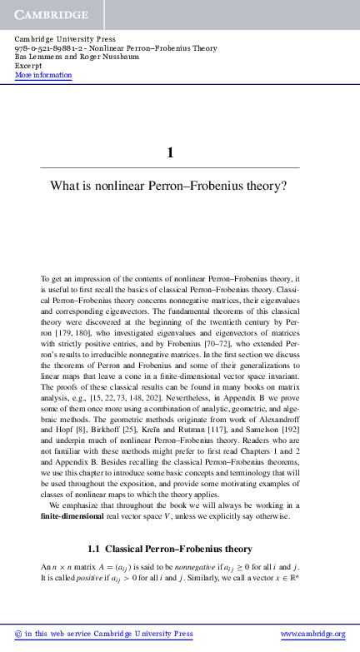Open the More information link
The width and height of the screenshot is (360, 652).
43,75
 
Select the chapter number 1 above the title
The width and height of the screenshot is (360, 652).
170,152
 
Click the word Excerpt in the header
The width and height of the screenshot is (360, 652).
29,66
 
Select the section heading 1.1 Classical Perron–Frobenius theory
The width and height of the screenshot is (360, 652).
169,549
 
